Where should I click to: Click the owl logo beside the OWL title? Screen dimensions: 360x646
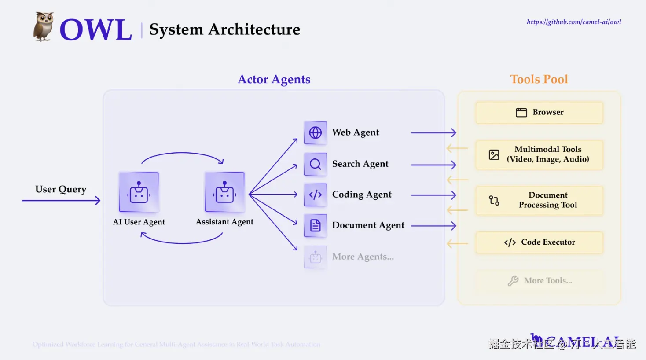(44, 27)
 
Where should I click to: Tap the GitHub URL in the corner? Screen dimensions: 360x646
(573, 22)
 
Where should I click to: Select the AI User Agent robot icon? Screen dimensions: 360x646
(139, 192)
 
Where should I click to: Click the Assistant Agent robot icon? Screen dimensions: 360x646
(224, 192)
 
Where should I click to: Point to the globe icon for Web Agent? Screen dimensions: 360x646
(316, 132)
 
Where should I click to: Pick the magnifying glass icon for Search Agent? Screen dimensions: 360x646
(316, 164)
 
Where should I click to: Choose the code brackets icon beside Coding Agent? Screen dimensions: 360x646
(316, 195)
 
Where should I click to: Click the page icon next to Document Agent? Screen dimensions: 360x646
(316, 226)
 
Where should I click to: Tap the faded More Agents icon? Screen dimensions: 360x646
(316, 257)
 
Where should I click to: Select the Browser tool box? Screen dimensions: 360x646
(539, 113)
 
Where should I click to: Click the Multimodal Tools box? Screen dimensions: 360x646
(539, 154)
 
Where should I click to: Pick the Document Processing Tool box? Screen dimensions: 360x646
(539, 200)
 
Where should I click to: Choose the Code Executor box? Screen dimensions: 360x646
(539, 242)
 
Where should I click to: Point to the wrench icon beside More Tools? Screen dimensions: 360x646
(513, 281)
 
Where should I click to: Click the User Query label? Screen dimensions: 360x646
(61, 189)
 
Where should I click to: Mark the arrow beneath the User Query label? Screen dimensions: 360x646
(61, 201)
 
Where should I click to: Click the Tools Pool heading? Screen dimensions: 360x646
(539, 79)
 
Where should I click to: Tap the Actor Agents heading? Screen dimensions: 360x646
(274, 79)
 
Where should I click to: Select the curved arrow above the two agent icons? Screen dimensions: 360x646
(182, 154)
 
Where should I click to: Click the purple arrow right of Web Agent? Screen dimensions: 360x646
(433, 132)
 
